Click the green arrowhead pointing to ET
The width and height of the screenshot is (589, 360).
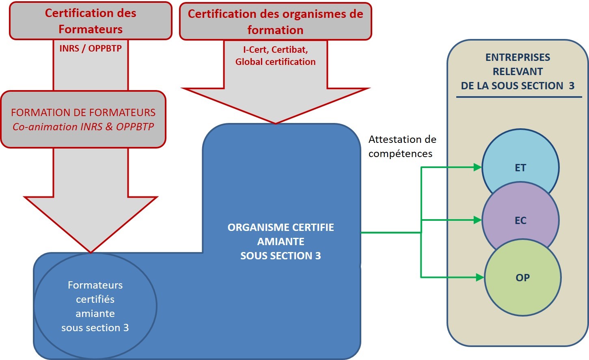[x=477, y=167]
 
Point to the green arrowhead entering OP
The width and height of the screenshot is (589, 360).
[x=480, y=278]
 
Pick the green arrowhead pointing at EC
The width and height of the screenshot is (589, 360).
[x=477, y=220]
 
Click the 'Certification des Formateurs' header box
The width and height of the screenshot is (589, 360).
[x=91, y=21]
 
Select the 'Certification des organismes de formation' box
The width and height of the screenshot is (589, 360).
[x=275, y=22]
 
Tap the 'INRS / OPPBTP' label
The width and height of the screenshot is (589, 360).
[x=91, y=48]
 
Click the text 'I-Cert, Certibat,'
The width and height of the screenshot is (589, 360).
[x=275, y=50]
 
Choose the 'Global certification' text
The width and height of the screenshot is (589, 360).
[x=275, y=62]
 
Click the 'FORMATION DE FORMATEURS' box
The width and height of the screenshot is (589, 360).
[x=83, y=112]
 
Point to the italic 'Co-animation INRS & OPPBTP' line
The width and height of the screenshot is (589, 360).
[x=83, y=127]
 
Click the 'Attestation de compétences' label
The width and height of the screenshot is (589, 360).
[x=402, y=147]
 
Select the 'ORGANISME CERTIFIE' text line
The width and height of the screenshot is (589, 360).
[x=280, y=227]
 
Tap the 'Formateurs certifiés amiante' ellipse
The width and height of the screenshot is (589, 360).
[x=95, y=306]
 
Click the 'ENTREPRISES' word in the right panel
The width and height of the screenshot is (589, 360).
[x=518, y=57]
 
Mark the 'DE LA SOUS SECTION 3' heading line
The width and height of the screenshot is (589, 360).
[x=518, y=86]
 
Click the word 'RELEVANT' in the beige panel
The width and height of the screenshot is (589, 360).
[x=518, y=71]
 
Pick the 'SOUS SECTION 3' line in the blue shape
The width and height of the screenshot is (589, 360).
[x=280, y=256]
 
